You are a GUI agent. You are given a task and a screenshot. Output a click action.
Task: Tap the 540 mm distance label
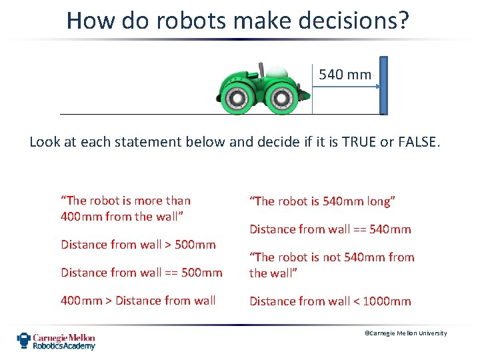coord(345,75)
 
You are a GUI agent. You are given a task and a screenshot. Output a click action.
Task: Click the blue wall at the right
coord(383,85)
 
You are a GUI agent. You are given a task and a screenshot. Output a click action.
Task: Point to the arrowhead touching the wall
coord(377,86)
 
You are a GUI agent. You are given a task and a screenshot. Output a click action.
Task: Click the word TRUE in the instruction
coord(341,141)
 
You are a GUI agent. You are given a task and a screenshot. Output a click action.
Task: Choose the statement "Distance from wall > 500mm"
coord(138,244)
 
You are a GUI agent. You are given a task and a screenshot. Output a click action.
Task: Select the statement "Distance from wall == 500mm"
coord(141,272)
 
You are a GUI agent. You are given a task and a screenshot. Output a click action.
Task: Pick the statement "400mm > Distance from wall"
coord(138,300)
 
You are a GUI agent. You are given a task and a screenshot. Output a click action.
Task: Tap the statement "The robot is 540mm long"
coord(323,201)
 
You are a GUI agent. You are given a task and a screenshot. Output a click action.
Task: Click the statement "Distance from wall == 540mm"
coord(330,229)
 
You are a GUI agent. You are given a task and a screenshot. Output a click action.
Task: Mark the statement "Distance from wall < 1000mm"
coord(330,301)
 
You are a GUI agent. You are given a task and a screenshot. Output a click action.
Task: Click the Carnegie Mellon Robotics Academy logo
coord(57,341)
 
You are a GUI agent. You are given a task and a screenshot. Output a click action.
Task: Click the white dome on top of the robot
coord(278,71)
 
